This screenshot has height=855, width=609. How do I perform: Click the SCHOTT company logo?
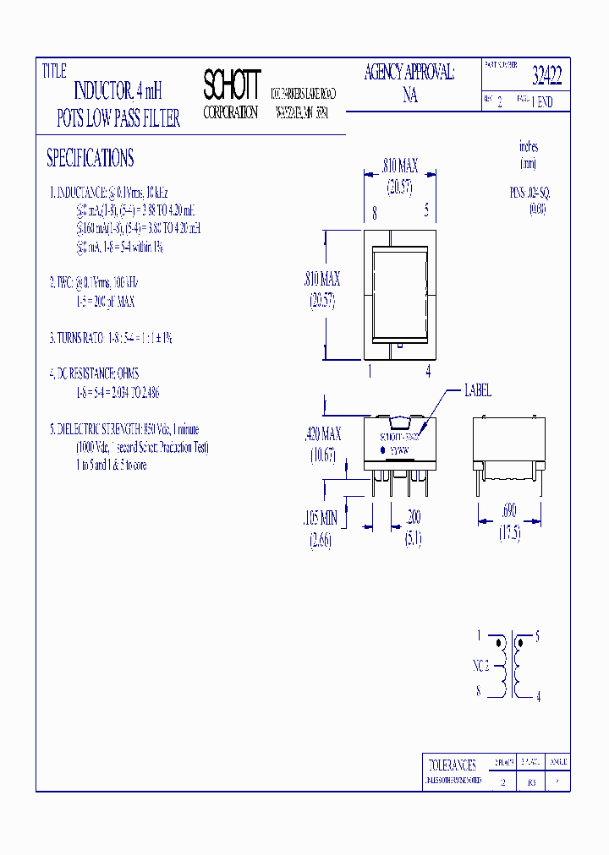click(232, 84)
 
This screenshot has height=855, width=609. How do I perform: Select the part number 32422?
click(546, 77)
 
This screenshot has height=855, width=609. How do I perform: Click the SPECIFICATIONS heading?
click(90, 158)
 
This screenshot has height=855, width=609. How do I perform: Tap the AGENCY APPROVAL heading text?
click(409, 73)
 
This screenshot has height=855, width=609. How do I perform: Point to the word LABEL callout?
click(477, 390)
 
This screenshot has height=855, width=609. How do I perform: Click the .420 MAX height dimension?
click(322, 434)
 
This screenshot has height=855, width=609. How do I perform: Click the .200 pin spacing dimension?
click(413, 518)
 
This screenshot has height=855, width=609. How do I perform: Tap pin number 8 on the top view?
click(374, 212)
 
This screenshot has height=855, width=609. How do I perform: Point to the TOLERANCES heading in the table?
click(453, 765)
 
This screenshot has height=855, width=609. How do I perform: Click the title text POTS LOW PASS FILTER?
click(118, 119)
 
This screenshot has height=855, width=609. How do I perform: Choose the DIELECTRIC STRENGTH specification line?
click(124, 429)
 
